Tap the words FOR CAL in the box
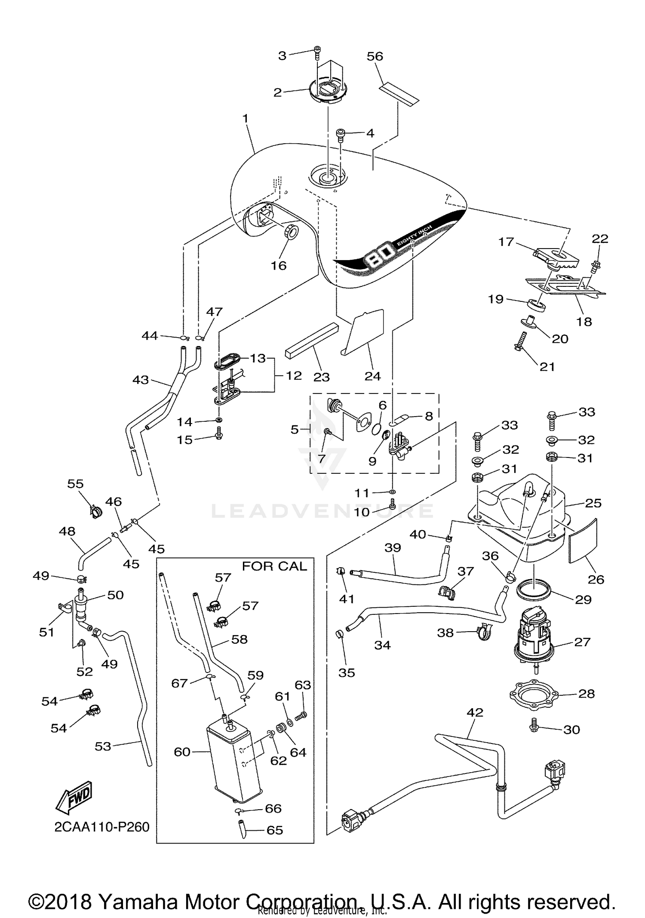(x=274, y=566)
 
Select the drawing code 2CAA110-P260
(x=102, y=827)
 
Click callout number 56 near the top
(x=375, y=56)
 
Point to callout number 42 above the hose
(x=475, y=712)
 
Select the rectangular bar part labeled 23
(x=312, y=340)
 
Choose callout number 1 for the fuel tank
(x=246, y=118)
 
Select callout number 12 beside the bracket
(x=294, y=375)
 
